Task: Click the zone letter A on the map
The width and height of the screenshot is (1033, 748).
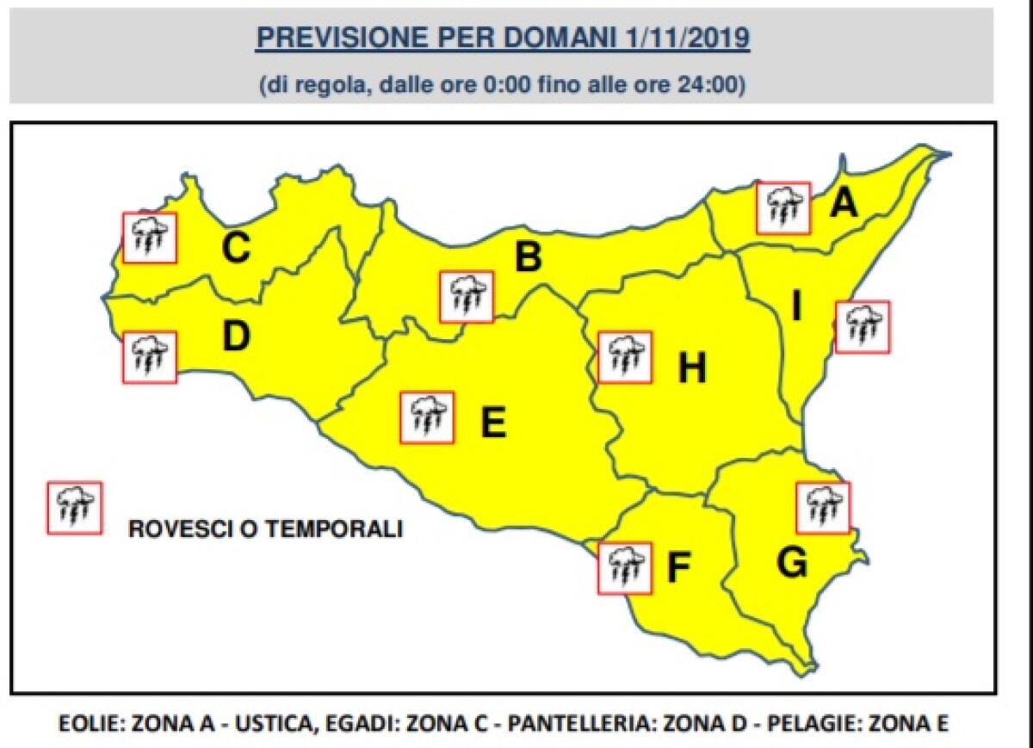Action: click(x=844, y=204)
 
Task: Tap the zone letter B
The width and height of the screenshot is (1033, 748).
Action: click(x=527, y=257)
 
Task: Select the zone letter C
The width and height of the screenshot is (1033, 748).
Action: click(x=235, y=249)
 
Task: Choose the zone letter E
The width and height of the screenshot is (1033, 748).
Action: click(x=492, y=423)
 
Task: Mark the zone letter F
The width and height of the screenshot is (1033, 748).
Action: click(x=680, y=568)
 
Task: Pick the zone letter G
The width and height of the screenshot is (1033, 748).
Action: click(x=791, y=563)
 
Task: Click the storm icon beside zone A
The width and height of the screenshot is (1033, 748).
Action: click(x=783, y=207)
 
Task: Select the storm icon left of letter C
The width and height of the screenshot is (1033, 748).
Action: click(x=150, y=238)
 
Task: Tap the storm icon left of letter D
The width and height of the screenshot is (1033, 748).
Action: click(x=150, y=357)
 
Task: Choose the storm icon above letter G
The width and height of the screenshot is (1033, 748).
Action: click(x=823, y=508)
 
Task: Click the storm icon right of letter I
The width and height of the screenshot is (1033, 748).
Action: click(x=863, y=327)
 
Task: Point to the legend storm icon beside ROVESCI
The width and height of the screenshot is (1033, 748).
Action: click(x=75, y=508)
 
